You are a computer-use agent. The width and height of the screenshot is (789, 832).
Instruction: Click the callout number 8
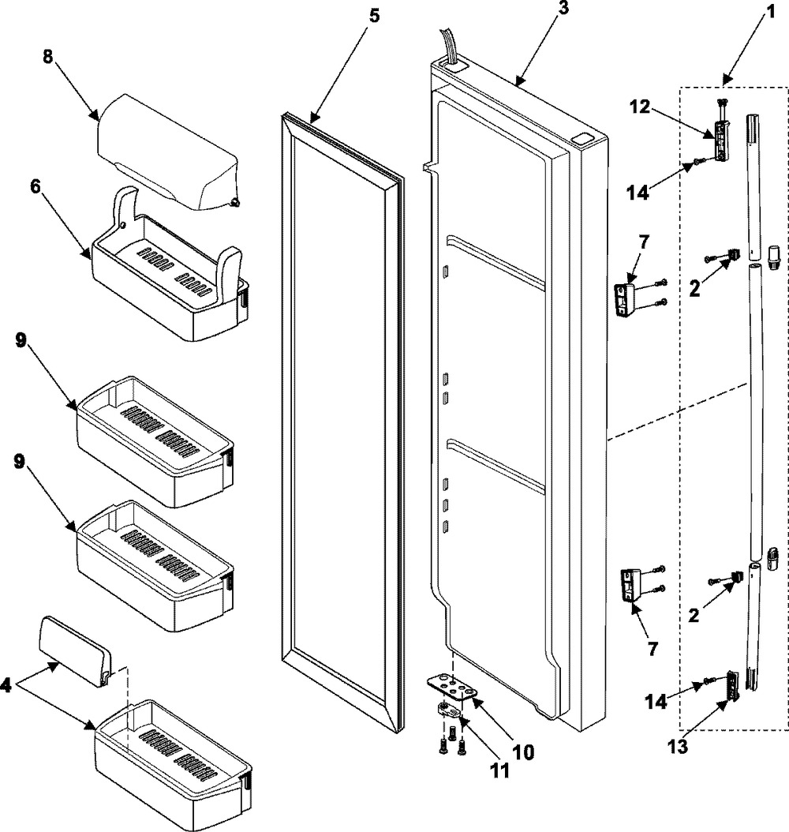[x=48, y=57]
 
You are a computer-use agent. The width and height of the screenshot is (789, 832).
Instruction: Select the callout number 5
[x=374, y=15]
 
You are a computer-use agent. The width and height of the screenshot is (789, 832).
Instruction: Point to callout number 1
[x=770, y=11]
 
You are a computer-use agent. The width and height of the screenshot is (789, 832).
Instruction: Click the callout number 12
[x=640, y=107]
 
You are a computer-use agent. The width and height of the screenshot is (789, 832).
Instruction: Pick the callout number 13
[x=679, y=747]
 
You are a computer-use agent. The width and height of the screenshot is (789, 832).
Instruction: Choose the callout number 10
[x=523, y=751]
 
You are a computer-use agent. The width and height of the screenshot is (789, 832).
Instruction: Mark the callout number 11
[x=499, y=770]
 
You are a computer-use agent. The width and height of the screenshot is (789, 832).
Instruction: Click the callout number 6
[x=36, y=187]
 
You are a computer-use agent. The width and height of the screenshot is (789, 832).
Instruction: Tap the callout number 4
[x=6, y=685]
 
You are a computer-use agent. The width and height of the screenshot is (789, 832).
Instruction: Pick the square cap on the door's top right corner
[x=585, y=138]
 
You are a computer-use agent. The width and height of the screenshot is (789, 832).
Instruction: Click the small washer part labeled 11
[x=447, y=710]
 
